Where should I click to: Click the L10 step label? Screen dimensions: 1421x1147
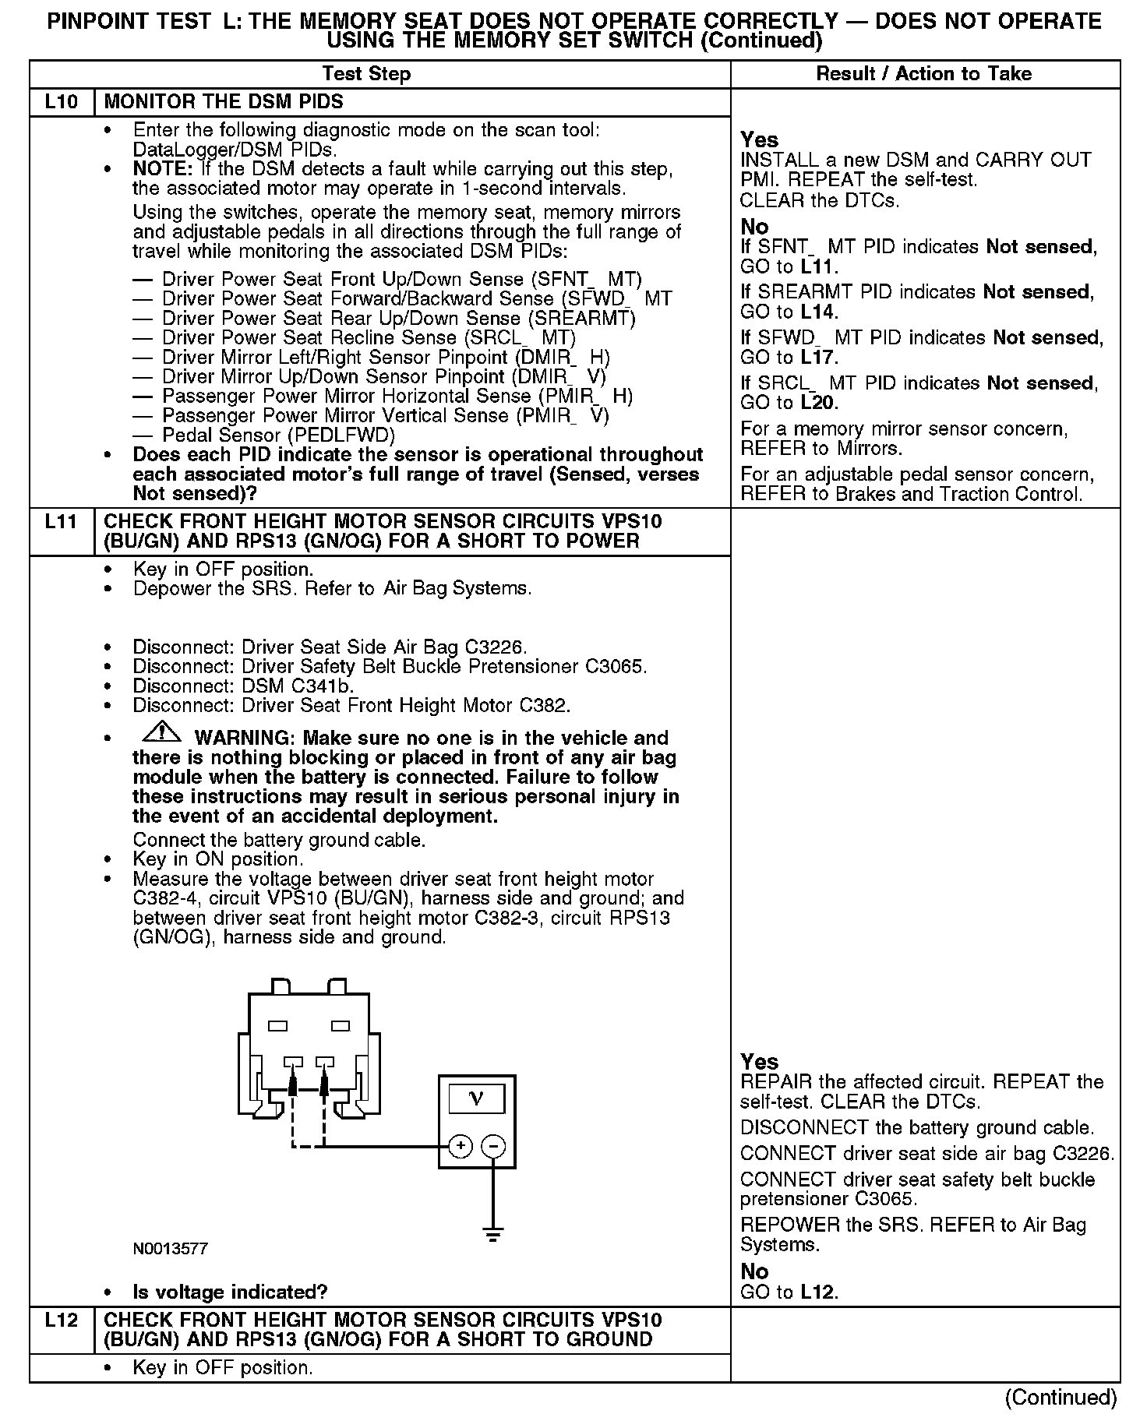tap(62, 102)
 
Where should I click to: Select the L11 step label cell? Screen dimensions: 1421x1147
tap(62, 522)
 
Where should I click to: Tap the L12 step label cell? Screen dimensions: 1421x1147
tap(62, 1320)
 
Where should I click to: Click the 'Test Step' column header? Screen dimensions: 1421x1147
tap(366, 74)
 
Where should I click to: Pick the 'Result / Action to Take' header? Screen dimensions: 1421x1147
tap(923, 74)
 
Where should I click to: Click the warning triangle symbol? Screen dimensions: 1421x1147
tap(161, 732)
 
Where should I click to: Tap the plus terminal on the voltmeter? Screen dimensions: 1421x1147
tap(461, 1145)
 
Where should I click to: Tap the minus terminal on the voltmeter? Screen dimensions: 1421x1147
tap(493, 1145)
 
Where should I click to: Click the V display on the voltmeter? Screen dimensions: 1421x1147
tap(477, 1098)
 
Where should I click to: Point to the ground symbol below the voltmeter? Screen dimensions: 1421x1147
tap(492, 1233)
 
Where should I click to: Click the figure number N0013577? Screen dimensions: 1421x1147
tap(170, 1249)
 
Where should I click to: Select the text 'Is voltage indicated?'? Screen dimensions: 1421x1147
tap(230, 1292)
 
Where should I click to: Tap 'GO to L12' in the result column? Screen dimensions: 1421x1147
tap(789, 1292)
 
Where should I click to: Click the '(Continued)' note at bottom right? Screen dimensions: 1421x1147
tap(1061, 1397)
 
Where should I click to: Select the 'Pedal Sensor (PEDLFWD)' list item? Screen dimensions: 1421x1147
tap(278, 435)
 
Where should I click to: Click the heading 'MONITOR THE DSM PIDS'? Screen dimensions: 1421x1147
tap(224, 102)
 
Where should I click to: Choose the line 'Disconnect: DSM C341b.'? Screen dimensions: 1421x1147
tap(243, 686)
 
